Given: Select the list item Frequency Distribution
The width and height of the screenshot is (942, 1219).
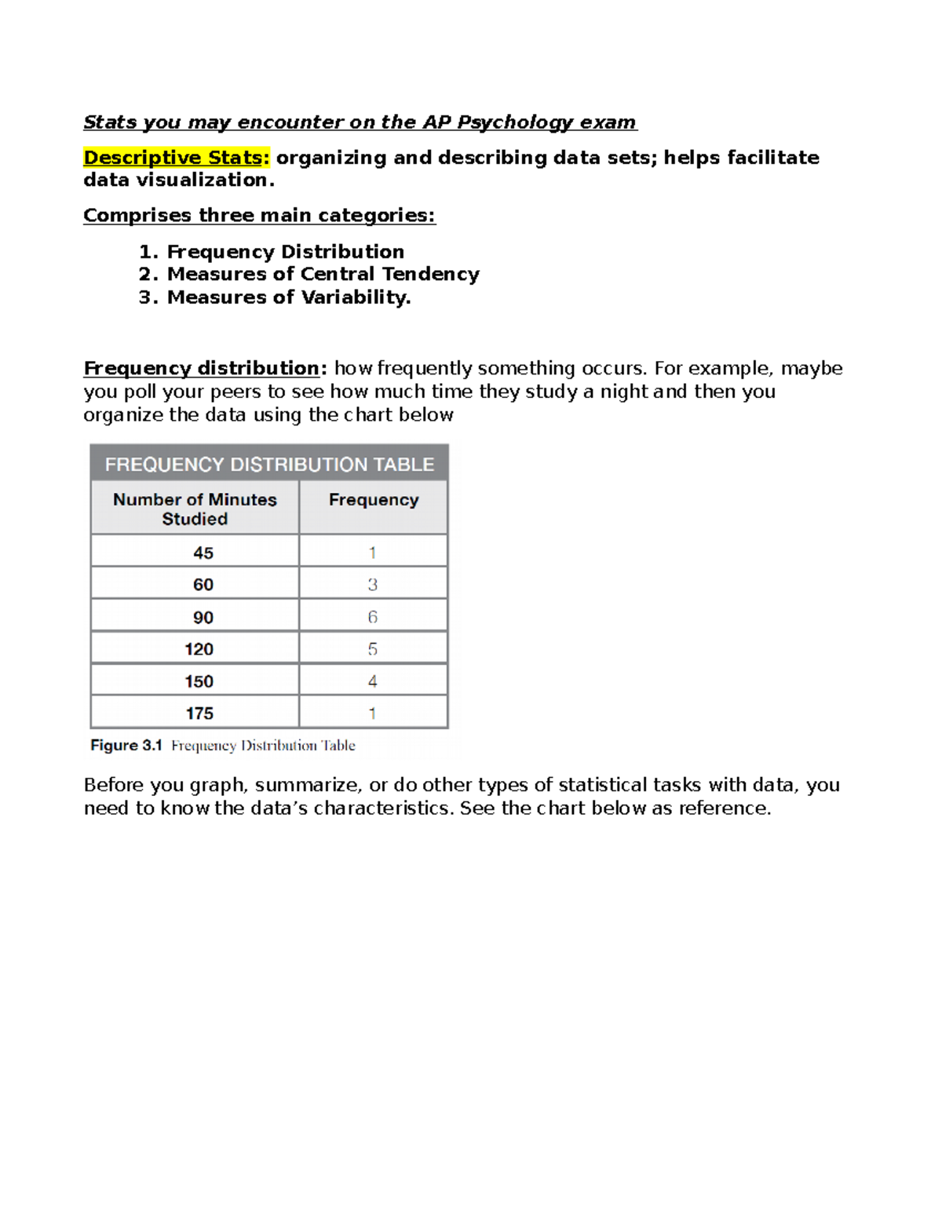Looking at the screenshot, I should pyautogui.click(x=285, y=252).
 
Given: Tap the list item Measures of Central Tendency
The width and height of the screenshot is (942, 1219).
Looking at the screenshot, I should pyautogui.click(x=323, y=274).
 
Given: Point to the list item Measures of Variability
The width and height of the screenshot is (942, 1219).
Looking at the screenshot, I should pyautogui.click(x=288, y=297).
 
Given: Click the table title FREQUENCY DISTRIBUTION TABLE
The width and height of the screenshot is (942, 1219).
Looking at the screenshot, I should pyautogui.click(x=269, y=464).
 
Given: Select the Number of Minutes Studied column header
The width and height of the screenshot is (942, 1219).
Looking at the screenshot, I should pyautogui.click(x=195, y=509).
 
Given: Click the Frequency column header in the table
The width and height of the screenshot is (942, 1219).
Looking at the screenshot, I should pyautogui.click(x=374, y=500).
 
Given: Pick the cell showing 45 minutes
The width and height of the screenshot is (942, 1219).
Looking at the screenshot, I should pyautogui.click(x=203, y=553).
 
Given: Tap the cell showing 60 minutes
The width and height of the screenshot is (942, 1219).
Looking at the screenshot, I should pyautogui.click(x=203, y=585).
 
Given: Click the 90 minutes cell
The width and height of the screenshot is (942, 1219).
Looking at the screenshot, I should pyautogui.click(x=203, y=618).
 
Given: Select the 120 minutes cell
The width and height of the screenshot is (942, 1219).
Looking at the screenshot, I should pyautogui.click(x=199, y=649).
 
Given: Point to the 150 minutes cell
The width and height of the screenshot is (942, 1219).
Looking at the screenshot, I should pyautogui.click(x=199, y=681).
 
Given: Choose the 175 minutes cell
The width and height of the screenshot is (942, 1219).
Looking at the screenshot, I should pyautogui.click(x=199, y=714).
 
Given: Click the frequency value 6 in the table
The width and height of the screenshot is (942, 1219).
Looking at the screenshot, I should pyautogui.click(x=373, y=617).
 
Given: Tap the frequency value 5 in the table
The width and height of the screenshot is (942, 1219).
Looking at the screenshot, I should pyautogui.click(x=373, y=649).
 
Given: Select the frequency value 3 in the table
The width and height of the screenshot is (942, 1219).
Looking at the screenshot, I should pyautogui.click(x=373, y=585).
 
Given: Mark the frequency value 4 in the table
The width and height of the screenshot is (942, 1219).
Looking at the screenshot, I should pyautogui.click(x=373, y=681).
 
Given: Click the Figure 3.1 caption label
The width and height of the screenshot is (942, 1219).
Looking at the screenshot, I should pyautogui.click(x=126, y=746).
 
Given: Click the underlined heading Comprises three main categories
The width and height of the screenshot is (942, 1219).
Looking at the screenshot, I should pyautogui.click(x=259, y=215).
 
